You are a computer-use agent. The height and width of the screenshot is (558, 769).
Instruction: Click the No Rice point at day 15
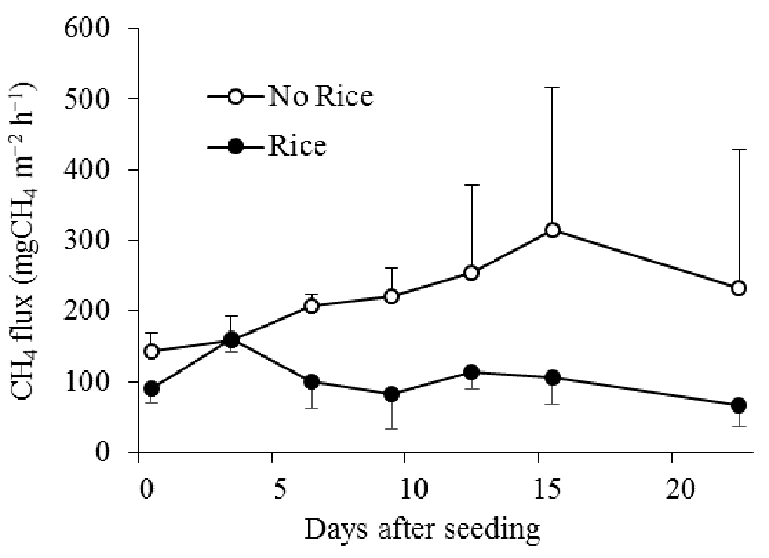tap(551, 231)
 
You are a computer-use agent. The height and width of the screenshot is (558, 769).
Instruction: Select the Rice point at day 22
tap(738, 405)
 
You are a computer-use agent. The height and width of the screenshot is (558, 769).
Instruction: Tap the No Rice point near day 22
tap(738, 288)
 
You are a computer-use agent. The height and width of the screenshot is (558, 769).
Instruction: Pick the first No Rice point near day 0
tap(151, 351)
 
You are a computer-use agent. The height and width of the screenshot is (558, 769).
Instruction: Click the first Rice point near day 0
tap(151, 388)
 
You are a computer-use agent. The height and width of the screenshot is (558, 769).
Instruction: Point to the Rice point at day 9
tap(391, 394)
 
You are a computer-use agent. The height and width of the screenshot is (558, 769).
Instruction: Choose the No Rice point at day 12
tap(471, 273)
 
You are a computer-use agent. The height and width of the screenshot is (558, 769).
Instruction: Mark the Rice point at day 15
tap(551, 377)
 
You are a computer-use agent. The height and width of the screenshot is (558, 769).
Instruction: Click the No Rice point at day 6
tap(311, 306)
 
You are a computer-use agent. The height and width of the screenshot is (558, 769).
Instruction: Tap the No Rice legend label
tap(320, 97)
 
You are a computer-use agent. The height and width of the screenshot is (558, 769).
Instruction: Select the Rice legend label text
tap(297, 146)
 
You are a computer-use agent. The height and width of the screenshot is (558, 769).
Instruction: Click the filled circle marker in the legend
tap(236, 147)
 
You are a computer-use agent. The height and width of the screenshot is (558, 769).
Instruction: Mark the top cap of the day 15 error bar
tap(551, 88)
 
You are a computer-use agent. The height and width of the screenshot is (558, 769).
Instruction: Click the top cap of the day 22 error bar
tap(738, 150)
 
